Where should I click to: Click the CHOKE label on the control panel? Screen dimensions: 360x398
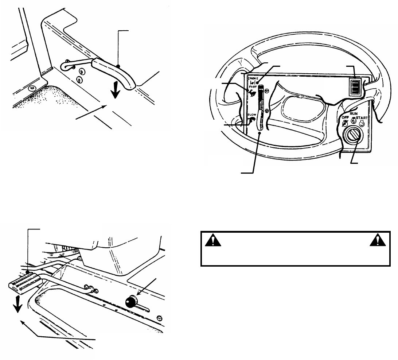tap(253, 78)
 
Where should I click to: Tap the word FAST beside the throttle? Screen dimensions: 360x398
tap(253, 88)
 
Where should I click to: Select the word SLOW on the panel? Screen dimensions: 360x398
tap(252, 117)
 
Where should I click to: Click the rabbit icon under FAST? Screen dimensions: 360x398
tap(252, 94)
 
